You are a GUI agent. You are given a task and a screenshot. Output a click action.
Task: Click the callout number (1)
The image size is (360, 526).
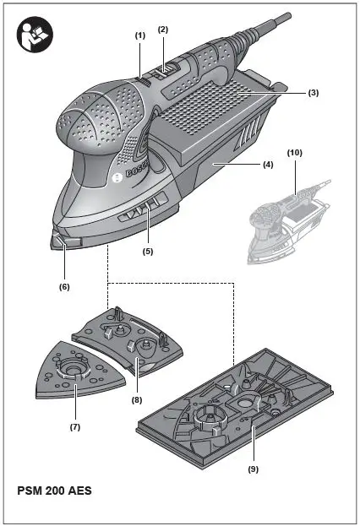(x=140, y=36)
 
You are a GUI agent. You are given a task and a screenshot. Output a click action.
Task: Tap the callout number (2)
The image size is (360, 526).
(x=163, y=30)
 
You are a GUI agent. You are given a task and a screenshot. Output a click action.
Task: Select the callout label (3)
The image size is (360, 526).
(x=314, y=93)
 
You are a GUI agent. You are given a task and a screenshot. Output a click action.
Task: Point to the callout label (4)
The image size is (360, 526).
(x=268, y=165)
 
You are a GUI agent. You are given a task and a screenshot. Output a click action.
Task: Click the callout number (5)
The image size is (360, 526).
(x=148, y=251)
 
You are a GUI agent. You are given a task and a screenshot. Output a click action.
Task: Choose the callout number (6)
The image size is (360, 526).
(x=64, y=287)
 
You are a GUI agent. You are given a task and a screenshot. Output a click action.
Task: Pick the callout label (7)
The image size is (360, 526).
(x=75, y=427)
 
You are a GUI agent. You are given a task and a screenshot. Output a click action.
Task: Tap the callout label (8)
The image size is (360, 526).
(x=137, y=400)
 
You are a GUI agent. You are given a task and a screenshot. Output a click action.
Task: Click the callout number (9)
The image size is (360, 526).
(x=254, y=469)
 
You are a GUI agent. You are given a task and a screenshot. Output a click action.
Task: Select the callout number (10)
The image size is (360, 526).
(x=295, y=153)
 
